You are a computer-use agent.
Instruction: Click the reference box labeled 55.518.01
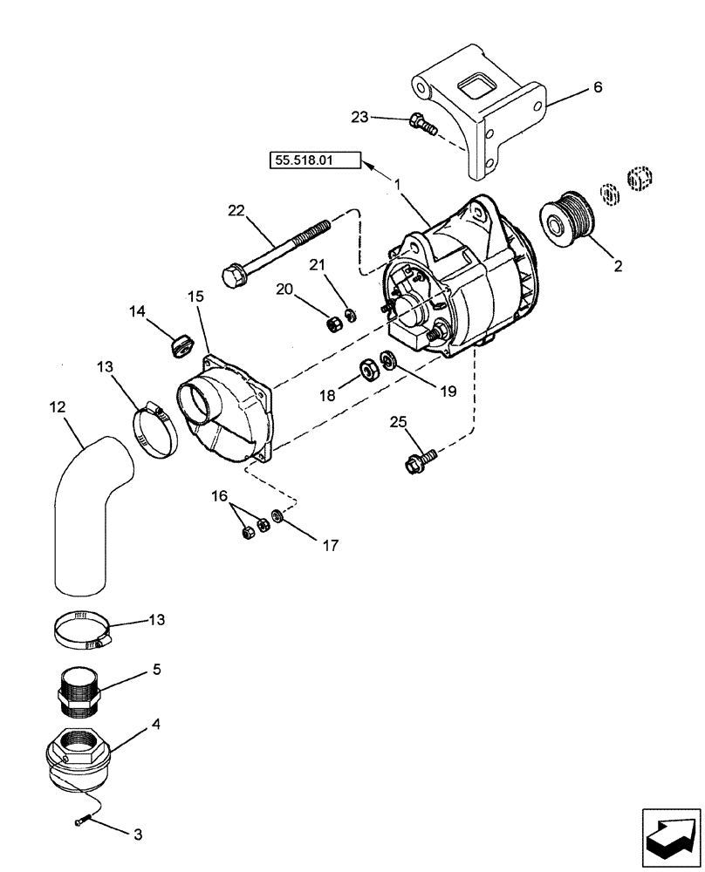[x=304, y=160]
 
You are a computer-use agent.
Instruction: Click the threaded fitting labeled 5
[x=79, y=689]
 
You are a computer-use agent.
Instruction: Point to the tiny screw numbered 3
[x=80, y=817]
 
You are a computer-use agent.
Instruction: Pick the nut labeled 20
[x=332, y=324]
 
